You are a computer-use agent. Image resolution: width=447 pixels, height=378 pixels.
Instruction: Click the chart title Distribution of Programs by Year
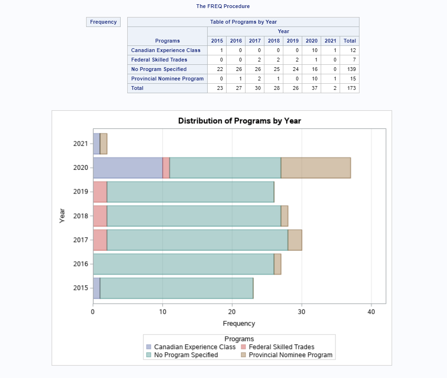tap(239, 121)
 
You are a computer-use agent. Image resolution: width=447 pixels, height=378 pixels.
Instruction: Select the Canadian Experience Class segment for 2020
tap(128, 167)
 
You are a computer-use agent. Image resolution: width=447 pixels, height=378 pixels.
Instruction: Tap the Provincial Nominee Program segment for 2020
tap(316, 167)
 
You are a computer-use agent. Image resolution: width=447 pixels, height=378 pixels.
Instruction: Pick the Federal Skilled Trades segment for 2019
tap(100, 192)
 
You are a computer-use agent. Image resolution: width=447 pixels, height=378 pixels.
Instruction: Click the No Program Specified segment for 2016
tap(183, 264)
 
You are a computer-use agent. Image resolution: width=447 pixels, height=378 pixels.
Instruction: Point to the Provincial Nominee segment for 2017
tap(295, 240)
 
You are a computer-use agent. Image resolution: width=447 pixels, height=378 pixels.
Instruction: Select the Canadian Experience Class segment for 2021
tap(96, 143)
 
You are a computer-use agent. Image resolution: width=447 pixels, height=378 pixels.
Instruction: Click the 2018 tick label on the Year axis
tap(80, 216)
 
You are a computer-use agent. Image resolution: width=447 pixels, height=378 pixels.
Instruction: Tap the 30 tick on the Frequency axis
tap(302, 312)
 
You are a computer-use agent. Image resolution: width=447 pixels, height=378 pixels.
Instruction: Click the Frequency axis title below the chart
tap(239, 324)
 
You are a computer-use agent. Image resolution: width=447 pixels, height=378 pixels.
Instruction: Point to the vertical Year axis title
tap(62, 216)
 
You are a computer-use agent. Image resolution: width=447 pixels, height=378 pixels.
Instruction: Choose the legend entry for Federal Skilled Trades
tap(281, 347)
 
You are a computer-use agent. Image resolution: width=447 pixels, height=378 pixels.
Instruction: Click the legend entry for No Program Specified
tap(186, 355)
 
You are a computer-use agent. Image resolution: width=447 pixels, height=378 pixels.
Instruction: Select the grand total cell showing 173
tap(350, 88)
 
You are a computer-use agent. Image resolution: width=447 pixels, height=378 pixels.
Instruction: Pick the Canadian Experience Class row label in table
tap(166, 50)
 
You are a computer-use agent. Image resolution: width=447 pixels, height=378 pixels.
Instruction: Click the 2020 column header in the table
tap(311, 41)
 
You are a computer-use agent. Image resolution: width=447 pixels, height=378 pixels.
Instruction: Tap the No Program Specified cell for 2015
tap(217, 69)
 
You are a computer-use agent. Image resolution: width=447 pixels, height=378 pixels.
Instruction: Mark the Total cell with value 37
tap(311, 88)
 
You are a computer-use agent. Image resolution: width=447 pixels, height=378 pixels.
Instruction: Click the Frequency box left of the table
tap(103, 22)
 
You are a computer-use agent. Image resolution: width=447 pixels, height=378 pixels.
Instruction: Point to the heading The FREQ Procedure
tap(223, 6)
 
